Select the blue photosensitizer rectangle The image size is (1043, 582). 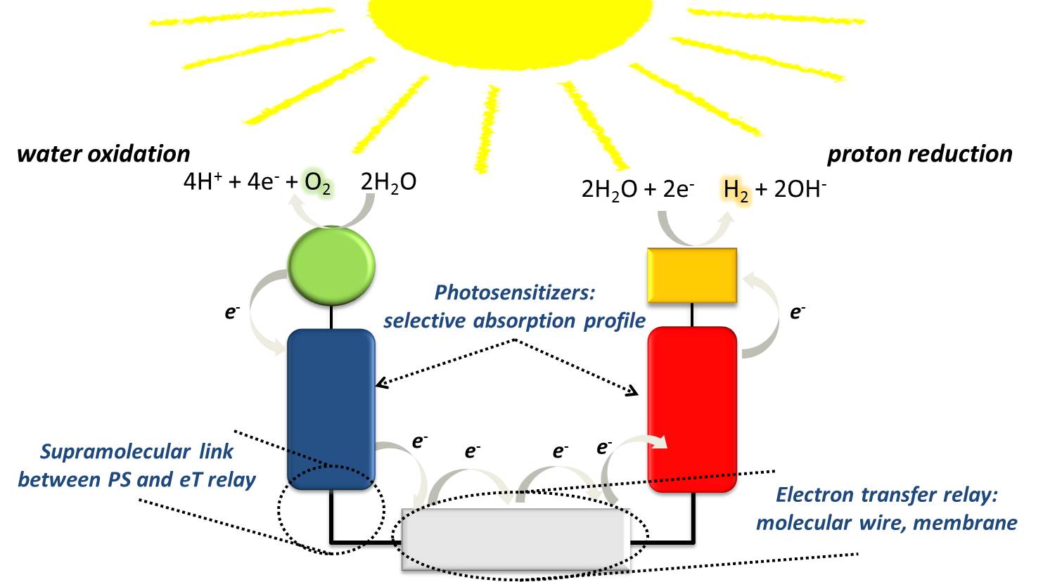tap(331, 408)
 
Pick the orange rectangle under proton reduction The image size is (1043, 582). tap(691, 276)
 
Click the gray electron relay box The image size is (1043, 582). tap(514, 538)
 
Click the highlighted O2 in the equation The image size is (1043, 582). tap(318, 183)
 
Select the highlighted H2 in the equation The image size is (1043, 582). tap(736, 190)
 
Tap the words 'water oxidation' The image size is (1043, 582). tap(103, 154)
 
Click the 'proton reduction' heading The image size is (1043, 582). tap(920, 154)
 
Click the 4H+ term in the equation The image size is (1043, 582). tap(203, 183)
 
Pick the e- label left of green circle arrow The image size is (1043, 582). tap(232, 311)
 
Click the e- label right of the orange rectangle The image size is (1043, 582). tap(798, 311)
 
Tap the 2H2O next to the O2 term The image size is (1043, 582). tap(388, 183)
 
